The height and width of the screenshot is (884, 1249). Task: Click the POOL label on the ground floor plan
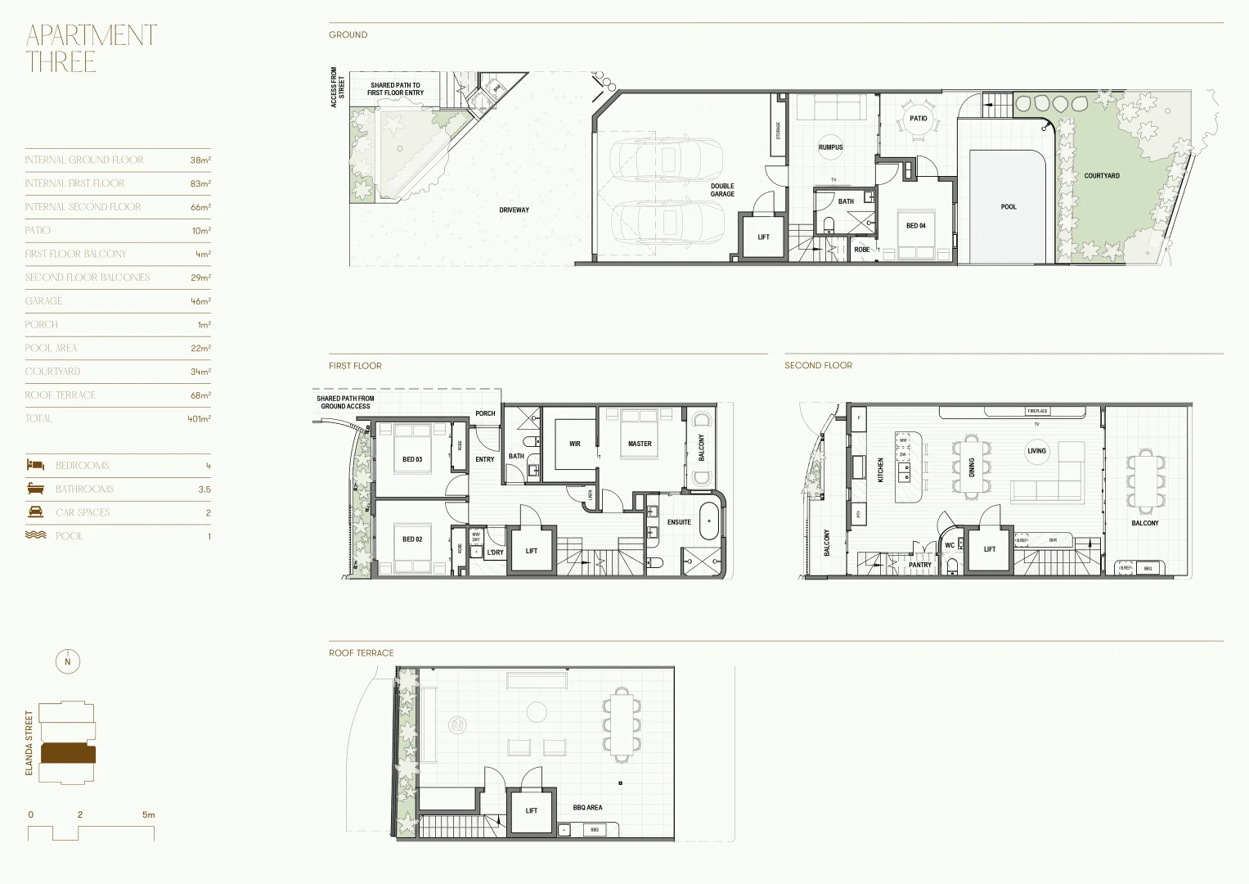[1009, 207]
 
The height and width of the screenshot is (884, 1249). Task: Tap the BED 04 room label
[916, 226]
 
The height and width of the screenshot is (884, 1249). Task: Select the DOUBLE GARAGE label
[722, 190]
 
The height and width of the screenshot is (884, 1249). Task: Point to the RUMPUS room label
[830, 147]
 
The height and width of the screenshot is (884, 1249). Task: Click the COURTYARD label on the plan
[1102, 176]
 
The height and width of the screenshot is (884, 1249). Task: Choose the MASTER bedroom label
[640, 444]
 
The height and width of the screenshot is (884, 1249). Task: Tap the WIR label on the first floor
[575, 444]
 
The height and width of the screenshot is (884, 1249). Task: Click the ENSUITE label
[679, 522]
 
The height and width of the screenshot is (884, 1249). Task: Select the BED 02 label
[412, 539]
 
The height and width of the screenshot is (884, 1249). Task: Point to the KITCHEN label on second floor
[881, 470]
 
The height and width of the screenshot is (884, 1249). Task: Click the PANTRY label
[920, 565]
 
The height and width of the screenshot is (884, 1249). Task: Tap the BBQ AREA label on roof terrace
[587, 808]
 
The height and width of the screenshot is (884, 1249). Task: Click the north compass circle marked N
[68, 662]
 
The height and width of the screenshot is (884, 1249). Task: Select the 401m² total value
[199, 419]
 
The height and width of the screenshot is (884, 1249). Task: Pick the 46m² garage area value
[200, 301]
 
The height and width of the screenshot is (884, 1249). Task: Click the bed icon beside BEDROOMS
[35, 465]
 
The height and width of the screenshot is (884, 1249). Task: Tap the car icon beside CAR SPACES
[35, 512]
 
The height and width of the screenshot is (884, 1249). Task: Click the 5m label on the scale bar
[148, 815]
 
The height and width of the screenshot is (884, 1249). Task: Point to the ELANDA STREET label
[29, 743]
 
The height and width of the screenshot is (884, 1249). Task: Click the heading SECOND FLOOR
[818, 365]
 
